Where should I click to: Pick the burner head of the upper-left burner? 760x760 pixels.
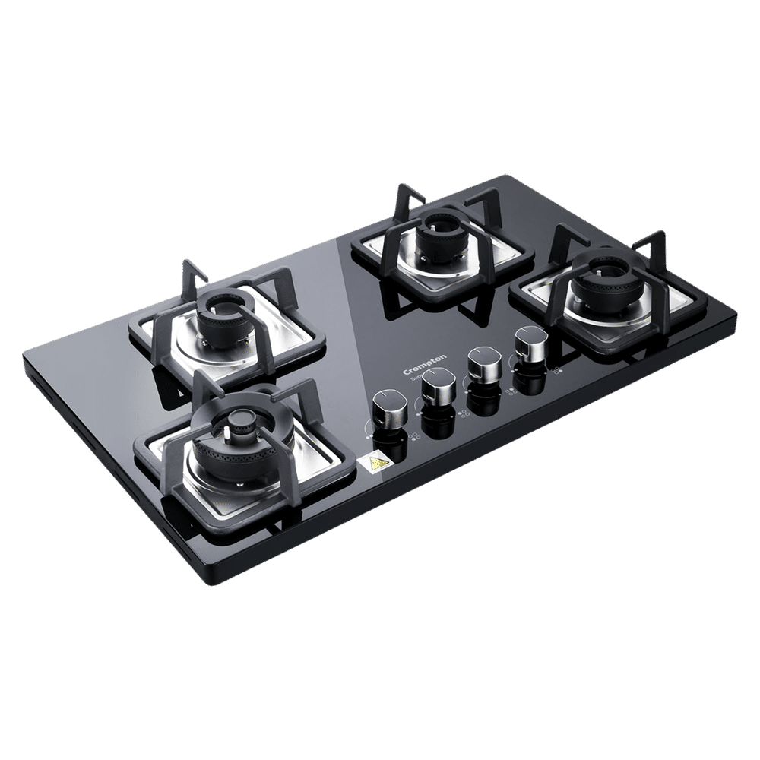click(221, 314)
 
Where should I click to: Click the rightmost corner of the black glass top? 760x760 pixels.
click(736, 311)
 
